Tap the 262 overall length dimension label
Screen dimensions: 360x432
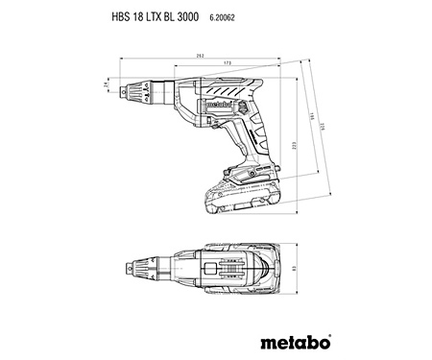[198, 56]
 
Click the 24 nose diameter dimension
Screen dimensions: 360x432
[107, 87]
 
